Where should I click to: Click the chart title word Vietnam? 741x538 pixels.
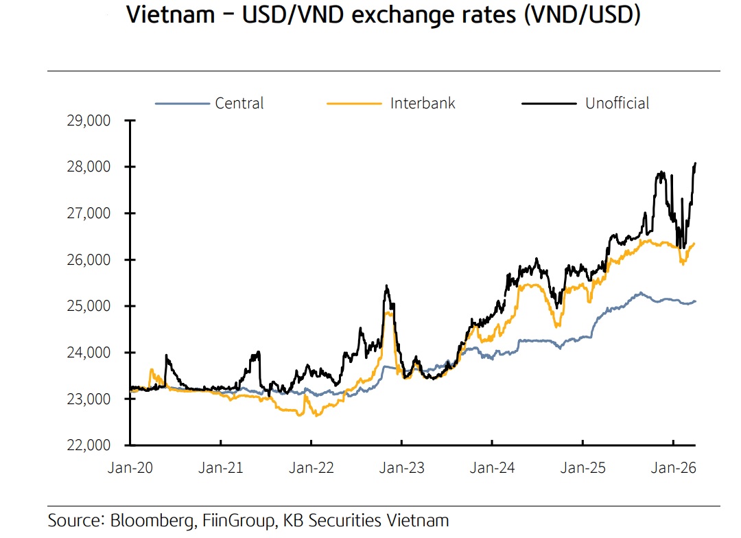pyautogui.click(x=171, y=15)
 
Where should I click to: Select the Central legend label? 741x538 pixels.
pyautogui.click(x=239, y=104)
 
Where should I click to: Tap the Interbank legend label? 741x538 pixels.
pyautogui.click(x=423, y=104)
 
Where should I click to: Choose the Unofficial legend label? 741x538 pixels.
pyautogui.click(x=617, y=104)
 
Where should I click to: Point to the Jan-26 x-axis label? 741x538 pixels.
pyautogui.click(x=674, y=468)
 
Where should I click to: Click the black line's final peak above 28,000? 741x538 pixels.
pyautogui.click(x=696, y=163)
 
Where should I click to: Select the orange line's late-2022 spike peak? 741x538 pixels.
pyautogui.click(x=389, y=313)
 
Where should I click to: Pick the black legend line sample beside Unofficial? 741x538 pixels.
pyautogui.click(x=548, y=104)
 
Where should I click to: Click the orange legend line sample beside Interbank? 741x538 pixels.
pyautogui.click(x=353, y=104)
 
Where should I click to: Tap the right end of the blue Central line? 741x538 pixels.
pyautogui.click(x=696, y=301)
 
